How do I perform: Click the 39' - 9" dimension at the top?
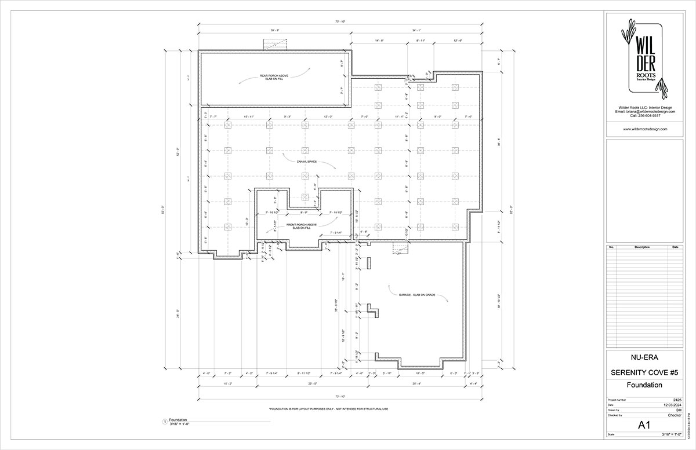pyautogui.click(x=274, y=30)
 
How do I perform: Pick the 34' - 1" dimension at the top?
pyautogui.click(x=417, y=30)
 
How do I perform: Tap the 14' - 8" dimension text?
pyautogui.click(x=380, y=41)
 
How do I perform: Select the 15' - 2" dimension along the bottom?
pyautogui.click(x=227, y=383)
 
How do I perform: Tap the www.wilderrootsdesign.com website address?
pyautogui.click(x=645, y=129)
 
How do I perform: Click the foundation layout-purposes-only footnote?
pyautogui.click(x=328, y=409)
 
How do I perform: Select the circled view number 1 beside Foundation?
pyautogui.click(x=165, y=422)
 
